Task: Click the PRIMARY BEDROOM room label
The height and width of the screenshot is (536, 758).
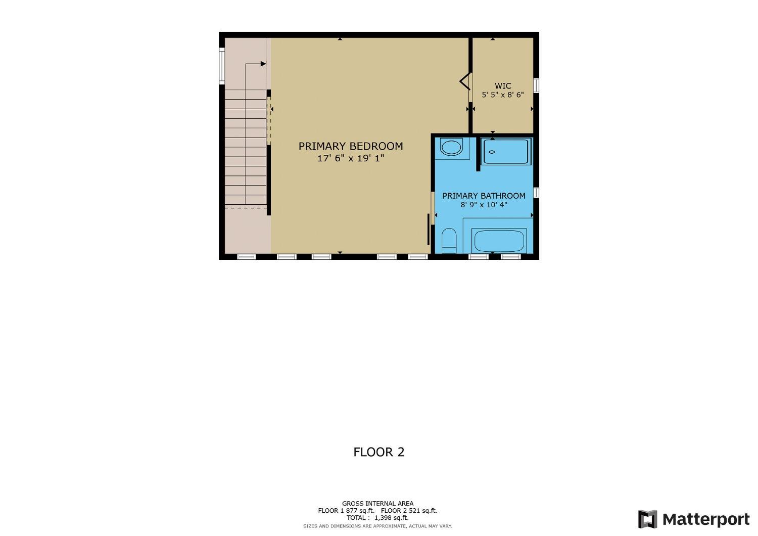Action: point(350,146)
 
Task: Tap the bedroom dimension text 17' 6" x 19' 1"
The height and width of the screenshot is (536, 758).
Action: point(350,158)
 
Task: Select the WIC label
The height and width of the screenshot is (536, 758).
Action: point(502,86)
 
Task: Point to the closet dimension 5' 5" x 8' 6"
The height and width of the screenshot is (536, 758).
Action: point(502,95)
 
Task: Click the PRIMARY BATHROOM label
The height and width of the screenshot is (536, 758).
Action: point(484,196)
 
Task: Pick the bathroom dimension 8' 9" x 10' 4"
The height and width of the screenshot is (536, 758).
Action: point(484,205)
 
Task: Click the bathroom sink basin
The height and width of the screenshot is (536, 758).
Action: point(451,148)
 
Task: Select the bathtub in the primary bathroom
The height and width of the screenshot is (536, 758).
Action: point(499,241)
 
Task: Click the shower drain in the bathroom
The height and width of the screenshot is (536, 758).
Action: point(491,152)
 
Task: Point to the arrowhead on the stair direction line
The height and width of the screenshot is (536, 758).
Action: point(263,64)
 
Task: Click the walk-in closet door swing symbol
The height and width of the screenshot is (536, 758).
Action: point(465,81)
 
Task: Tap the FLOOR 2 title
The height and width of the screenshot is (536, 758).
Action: point(379,452)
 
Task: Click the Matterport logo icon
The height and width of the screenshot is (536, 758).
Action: point(647,519)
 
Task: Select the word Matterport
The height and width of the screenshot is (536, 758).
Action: point(705,519)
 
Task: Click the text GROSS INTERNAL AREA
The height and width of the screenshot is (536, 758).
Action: point(377,503)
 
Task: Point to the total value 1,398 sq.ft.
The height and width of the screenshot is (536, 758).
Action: point(391,518)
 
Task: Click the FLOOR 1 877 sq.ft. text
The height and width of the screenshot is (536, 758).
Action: point(346,511)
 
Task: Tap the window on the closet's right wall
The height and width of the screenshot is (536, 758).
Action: point(536,85)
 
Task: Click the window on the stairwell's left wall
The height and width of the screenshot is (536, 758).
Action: point(221,65)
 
